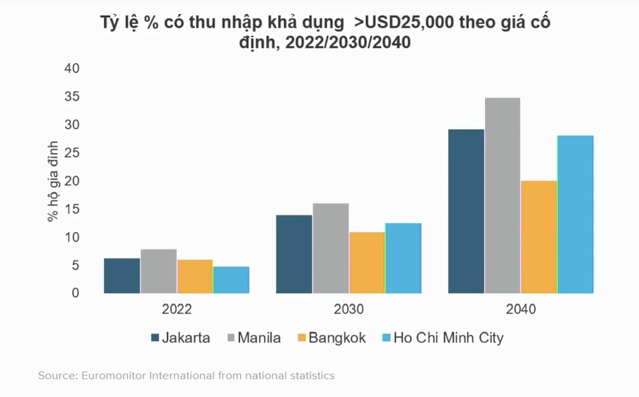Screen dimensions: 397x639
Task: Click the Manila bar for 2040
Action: (502, 196)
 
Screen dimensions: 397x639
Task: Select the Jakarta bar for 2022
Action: (122, 276)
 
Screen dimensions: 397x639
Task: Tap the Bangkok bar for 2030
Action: (367, 263)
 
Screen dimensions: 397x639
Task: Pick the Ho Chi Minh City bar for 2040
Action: (575, 214)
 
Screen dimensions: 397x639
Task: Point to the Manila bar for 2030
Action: (330, 248)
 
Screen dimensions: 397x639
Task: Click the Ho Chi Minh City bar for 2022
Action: (231, 280)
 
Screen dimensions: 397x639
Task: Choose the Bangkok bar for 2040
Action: (539, 237)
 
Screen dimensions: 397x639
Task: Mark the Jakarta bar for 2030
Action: (294, 254)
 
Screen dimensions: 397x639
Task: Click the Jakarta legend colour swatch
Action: (155, 338)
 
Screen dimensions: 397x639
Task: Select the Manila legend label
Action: (259, 338)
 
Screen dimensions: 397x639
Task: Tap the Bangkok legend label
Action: (337, 338)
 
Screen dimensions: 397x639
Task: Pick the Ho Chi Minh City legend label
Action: (448, 338)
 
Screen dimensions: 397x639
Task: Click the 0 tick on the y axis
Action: (75, 293)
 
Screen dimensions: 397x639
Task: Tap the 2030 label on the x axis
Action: (349, 310)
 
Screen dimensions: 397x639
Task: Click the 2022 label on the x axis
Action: (177, 310)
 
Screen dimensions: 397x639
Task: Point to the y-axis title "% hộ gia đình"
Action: (53, 182)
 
